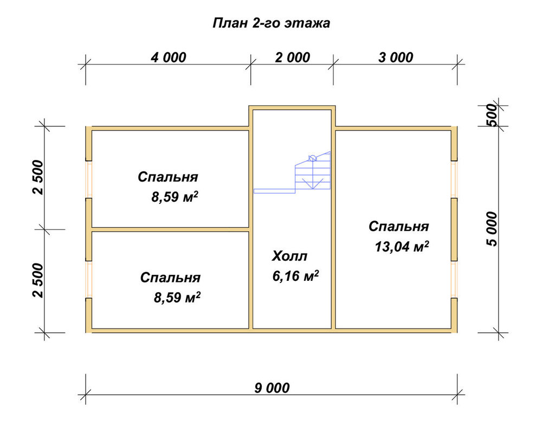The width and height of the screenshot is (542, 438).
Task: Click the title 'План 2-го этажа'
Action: [271, 23]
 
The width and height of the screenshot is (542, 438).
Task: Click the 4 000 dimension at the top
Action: [169, 57]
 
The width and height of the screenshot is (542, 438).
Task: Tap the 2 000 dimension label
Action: [293, 57]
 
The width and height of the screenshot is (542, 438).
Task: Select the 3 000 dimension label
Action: [396, 57]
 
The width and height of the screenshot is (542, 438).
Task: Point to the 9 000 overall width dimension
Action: [272, 388]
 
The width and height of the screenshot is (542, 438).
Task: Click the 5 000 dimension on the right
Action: [492, 229]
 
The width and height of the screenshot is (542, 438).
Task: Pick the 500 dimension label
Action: [492, 115]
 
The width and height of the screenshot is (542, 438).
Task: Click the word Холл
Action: [289, 256]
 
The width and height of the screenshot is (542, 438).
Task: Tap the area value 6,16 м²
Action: [295, 276]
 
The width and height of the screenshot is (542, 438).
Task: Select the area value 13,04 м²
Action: [402, 247]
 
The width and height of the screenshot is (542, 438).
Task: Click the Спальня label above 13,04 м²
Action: [398, 227]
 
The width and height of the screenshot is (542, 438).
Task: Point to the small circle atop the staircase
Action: [312, 158]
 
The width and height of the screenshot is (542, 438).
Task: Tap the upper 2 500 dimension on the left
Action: [38, 178]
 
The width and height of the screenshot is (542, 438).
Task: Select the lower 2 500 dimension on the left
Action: [38, 281]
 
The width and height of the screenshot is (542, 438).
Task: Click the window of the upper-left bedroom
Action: [89, 179]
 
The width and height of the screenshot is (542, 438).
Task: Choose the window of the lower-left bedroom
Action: [89, 279]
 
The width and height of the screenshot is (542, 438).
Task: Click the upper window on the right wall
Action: [454, 179]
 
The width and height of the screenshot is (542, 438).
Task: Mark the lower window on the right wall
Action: [454, 279]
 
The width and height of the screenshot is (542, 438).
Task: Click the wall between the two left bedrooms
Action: [170, 229]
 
